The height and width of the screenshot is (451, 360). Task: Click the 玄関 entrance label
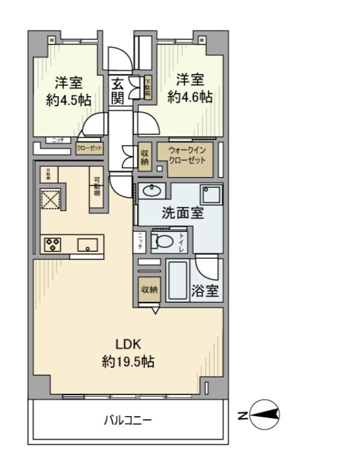pos(118,91)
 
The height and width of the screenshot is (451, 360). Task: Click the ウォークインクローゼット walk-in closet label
pos(186,157)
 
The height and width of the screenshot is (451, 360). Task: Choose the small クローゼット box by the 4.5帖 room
pos(89,148)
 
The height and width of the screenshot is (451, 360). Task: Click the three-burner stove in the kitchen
pos(52,244)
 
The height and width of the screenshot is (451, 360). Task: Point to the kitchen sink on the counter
pos(88,245)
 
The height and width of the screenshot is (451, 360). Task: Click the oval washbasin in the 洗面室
pos(152,192)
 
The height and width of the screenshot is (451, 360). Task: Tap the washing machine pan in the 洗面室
pos(212,195)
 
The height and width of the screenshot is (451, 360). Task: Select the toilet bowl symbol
pos(164,241)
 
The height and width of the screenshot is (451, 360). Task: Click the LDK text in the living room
pos(128,344)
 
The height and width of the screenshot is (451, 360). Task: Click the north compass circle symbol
pos(264,414)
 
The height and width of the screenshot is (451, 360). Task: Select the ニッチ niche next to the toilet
pos(141,241)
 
